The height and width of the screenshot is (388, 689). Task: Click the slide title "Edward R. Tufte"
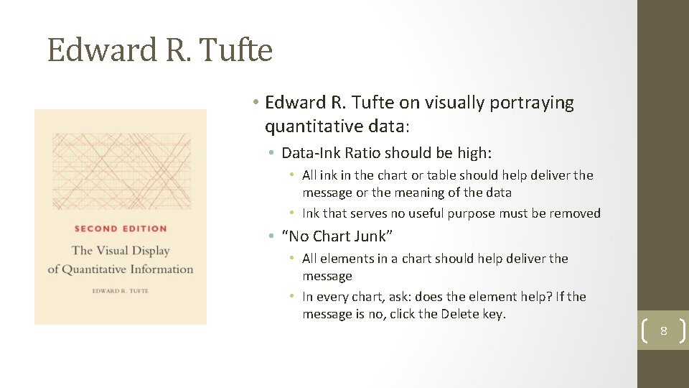(x=160, y=51)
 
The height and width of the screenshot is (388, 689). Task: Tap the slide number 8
(x=663, y=331)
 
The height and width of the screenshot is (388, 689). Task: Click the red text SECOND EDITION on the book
(x=121, y=228)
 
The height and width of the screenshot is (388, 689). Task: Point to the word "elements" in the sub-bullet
(x=344, y=259)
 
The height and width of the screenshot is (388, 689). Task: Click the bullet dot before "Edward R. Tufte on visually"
(x=256, y=103)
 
